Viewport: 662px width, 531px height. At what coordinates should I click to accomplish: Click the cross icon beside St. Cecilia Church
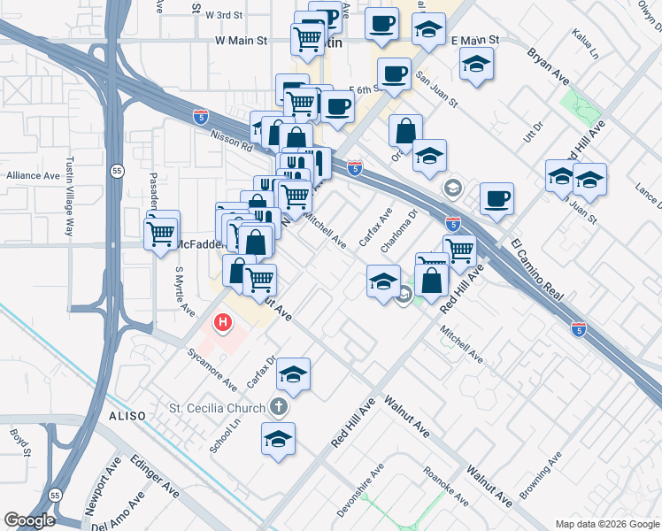tap(278, 408)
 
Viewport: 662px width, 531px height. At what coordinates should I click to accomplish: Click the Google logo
tap(29, 520)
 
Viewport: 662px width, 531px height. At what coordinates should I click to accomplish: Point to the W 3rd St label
tap(224, 15)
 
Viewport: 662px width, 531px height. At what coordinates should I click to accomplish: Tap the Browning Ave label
tap(542, 476)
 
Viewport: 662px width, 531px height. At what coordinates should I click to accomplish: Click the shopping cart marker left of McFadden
tap(162, 234)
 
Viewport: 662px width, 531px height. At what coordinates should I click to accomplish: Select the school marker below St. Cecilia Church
tap(278, 439)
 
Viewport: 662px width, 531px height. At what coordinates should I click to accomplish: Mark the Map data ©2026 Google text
tap(606, 524)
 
